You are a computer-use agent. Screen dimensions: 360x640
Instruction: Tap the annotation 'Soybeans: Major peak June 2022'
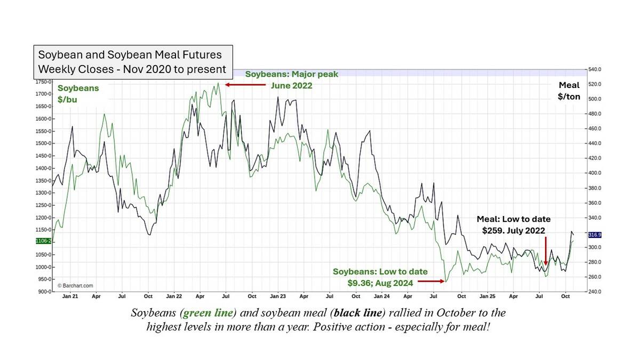tap(291, 79)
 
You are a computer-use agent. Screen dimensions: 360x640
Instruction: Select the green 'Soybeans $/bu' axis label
tap(78, 93)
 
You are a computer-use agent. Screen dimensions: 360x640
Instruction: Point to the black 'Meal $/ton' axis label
tap(569, 91)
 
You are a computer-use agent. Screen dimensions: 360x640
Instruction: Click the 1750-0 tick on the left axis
tap(42, 82)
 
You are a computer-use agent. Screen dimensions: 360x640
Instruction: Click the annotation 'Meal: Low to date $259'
tap(514, 225)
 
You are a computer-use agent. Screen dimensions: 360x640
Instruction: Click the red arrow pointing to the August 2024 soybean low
tap(431, 281)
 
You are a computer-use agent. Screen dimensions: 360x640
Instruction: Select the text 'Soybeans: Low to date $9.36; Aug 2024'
tap(373, 276)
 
